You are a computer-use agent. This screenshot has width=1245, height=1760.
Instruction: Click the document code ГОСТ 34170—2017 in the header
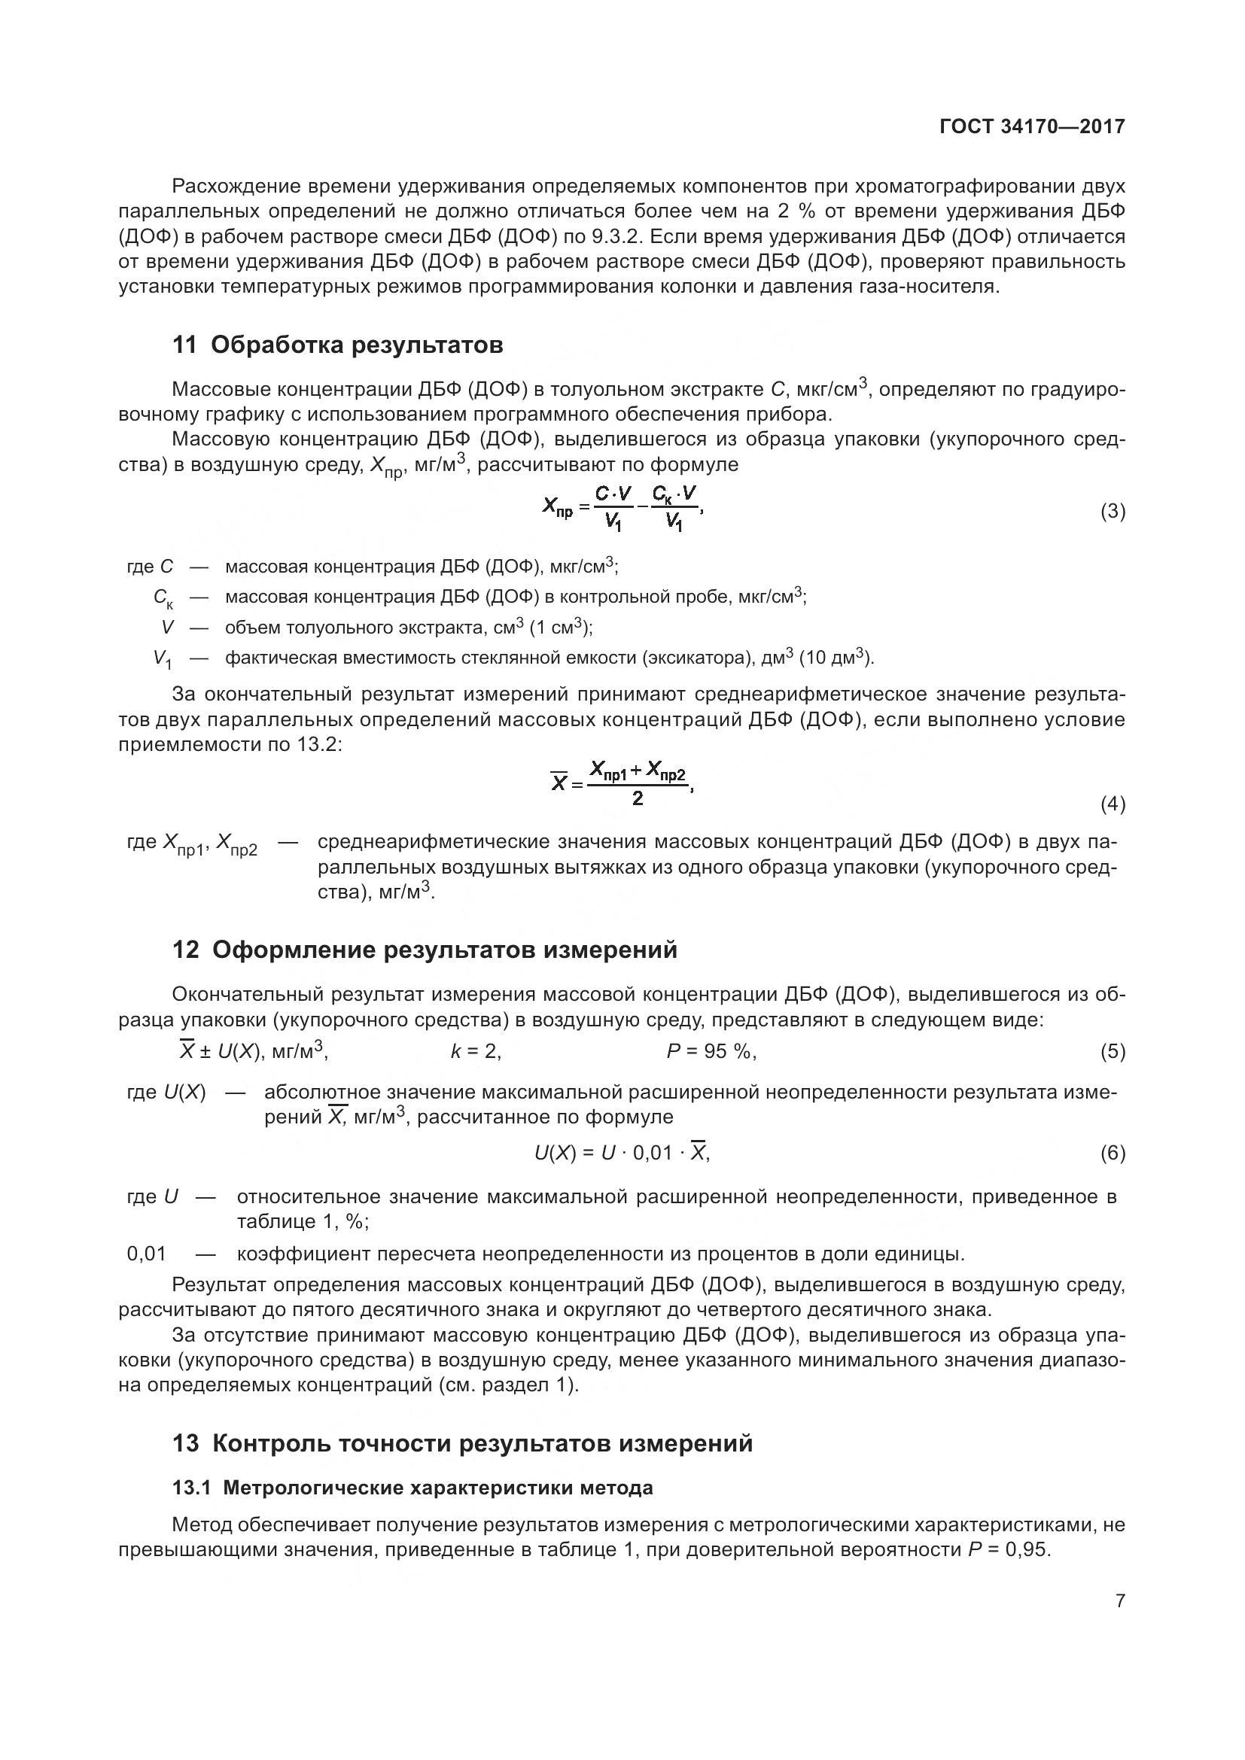[x=1032, y=127]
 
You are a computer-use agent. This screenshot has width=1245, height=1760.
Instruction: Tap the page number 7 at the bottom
[x=1120, y=1600]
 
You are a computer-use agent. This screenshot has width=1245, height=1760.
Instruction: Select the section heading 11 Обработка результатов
[x=337, y=345]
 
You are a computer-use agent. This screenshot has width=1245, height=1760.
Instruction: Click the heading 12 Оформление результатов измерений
[x=425, y=950]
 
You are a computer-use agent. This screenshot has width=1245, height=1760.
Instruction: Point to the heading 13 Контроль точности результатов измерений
[x=462, y=1443]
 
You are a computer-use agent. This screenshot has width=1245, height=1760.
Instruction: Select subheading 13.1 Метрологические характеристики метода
[x=412, y=1488]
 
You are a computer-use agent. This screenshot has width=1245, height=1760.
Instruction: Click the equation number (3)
[x=1113, y=511]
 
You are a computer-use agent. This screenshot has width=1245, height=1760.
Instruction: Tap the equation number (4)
[x=1113, y=804]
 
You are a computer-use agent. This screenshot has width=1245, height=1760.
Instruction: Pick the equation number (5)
[x=1113, y=1052]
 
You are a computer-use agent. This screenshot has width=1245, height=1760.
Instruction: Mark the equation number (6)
[x=1113, y=1153]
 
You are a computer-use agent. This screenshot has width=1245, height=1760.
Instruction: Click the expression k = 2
[x=476, y=1052]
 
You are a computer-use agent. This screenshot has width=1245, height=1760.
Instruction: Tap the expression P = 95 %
[x=711, y=1052]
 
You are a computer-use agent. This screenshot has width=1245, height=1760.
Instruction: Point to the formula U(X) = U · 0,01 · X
[x=622, y=1153]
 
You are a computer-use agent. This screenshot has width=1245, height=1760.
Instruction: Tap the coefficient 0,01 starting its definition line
[x=147, y=1254]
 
